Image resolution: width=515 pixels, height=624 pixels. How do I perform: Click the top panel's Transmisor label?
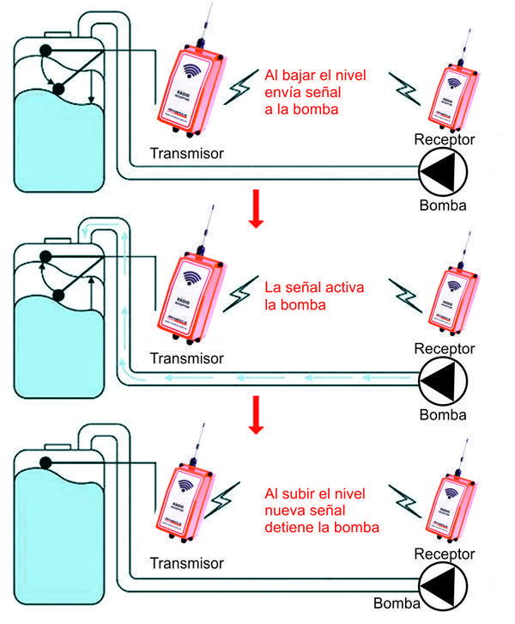[x=186, y=154]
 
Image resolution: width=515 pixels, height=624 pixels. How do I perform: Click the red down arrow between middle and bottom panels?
[x=254, y=415]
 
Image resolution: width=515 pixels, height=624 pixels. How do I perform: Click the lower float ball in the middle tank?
[x=59, y=296]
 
